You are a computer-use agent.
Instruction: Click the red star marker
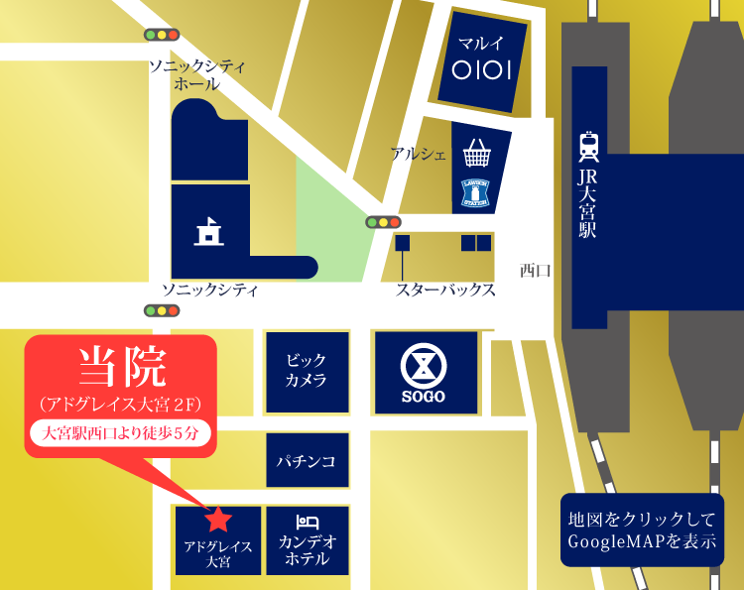218,518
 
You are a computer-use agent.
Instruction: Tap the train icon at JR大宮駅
588,146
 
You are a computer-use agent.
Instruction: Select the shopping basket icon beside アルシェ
477,154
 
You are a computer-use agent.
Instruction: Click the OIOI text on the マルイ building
480,70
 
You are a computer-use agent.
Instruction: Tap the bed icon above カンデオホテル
308,522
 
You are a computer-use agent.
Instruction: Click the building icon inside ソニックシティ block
209,232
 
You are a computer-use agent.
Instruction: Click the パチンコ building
307,461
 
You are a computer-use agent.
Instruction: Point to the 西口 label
536,270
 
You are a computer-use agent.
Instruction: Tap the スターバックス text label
445,291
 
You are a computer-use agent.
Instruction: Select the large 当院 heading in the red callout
122,367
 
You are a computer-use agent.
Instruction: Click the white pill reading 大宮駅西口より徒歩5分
121,433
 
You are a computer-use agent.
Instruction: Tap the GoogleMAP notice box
642,531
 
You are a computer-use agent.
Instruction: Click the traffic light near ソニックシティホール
161,35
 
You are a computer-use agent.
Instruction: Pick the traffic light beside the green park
383,222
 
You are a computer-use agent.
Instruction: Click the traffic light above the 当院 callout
162,311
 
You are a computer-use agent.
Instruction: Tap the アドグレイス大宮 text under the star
218,553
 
